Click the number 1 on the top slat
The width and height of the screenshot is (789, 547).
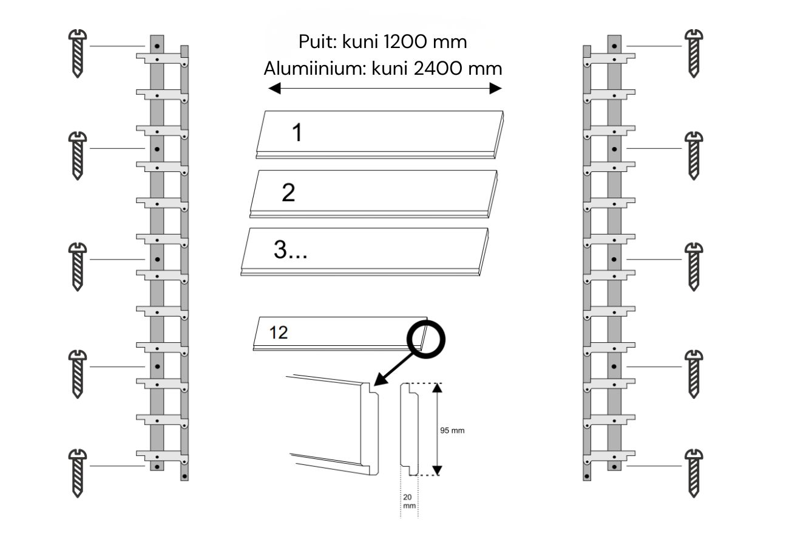coord(297,132)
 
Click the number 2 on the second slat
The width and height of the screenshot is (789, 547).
coord(288,193)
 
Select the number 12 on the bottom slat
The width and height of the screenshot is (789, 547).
coord(279,333)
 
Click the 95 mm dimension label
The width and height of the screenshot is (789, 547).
coord(452,430)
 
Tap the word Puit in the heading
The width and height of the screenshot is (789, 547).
coord(315,42)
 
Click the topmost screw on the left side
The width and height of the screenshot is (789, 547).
coord(78,53)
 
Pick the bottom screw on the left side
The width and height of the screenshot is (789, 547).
coord(78,472)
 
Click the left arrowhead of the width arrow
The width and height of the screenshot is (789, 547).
coord(274,89)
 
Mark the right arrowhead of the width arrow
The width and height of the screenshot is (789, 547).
coord(496,89)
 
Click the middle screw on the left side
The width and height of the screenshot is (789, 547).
coord(78,266)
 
